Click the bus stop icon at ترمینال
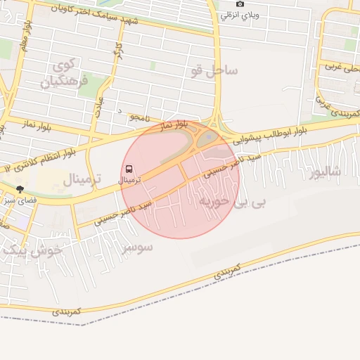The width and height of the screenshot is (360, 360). tap(129, 169)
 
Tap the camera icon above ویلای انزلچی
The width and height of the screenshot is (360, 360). tap(240, 4)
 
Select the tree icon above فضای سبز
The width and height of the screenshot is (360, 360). tap(20, 189)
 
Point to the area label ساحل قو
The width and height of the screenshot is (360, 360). tap(214, 70)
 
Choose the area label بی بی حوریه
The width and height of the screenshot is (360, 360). tap(232, 202)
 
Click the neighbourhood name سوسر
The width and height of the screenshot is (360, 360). tap(136, 247)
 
